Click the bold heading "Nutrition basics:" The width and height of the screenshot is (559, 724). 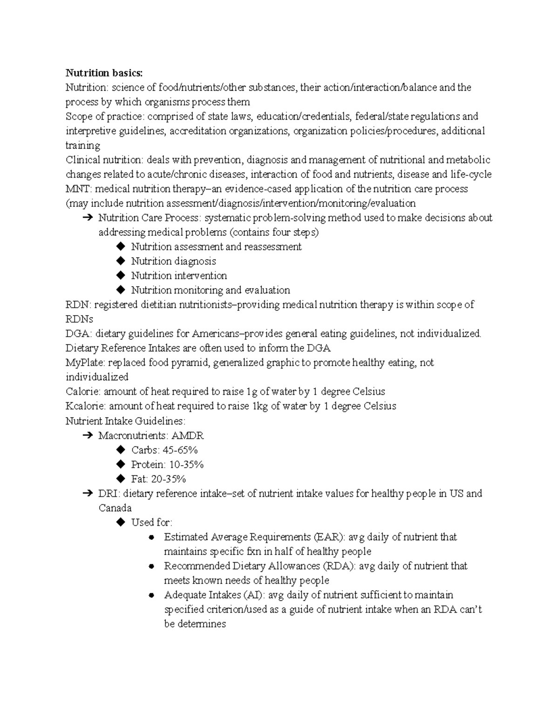coord(104,73)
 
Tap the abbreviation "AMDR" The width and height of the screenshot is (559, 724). coord(187,435)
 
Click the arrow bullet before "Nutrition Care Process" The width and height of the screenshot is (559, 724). coord(87,218)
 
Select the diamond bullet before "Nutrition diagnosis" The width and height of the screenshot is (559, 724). coord(121,261)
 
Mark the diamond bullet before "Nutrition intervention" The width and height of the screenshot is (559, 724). coord(121,276)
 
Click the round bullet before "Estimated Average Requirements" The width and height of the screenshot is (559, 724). coord(151,538)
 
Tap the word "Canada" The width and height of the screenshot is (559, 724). coord(115,508)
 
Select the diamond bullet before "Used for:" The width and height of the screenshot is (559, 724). coord(121,523)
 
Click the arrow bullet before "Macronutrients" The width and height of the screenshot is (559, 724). coord(87,435)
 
